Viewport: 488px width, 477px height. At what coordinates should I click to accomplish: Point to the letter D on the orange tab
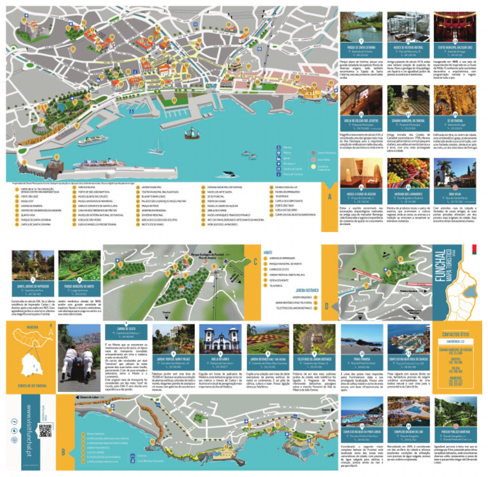326,305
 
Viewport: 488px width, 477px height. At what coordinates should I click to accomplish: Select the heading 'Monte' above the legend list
267,252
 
